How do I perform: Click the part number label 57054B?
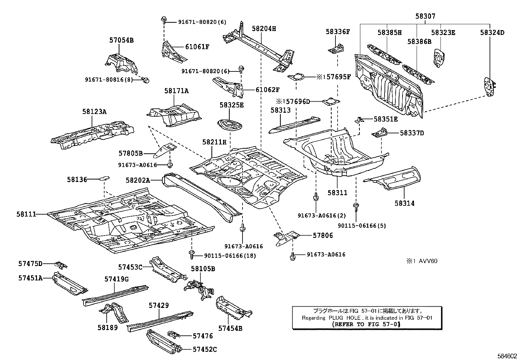point(121,40)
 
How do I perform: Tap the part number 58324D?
point(492,32)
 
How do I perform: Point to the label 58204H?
point(264,28)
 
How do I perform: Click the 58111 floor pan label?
point(26,214)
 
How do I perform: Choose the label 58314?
point(404,203)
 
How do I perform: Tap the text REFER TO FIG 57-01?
point(366,324)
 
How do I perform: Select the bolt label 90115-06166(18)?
point(225,256)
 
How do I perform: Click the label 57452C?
point(205,350)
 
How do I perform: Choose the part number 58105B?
point(203,269)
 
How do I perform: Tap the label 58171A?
point(176,91)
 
